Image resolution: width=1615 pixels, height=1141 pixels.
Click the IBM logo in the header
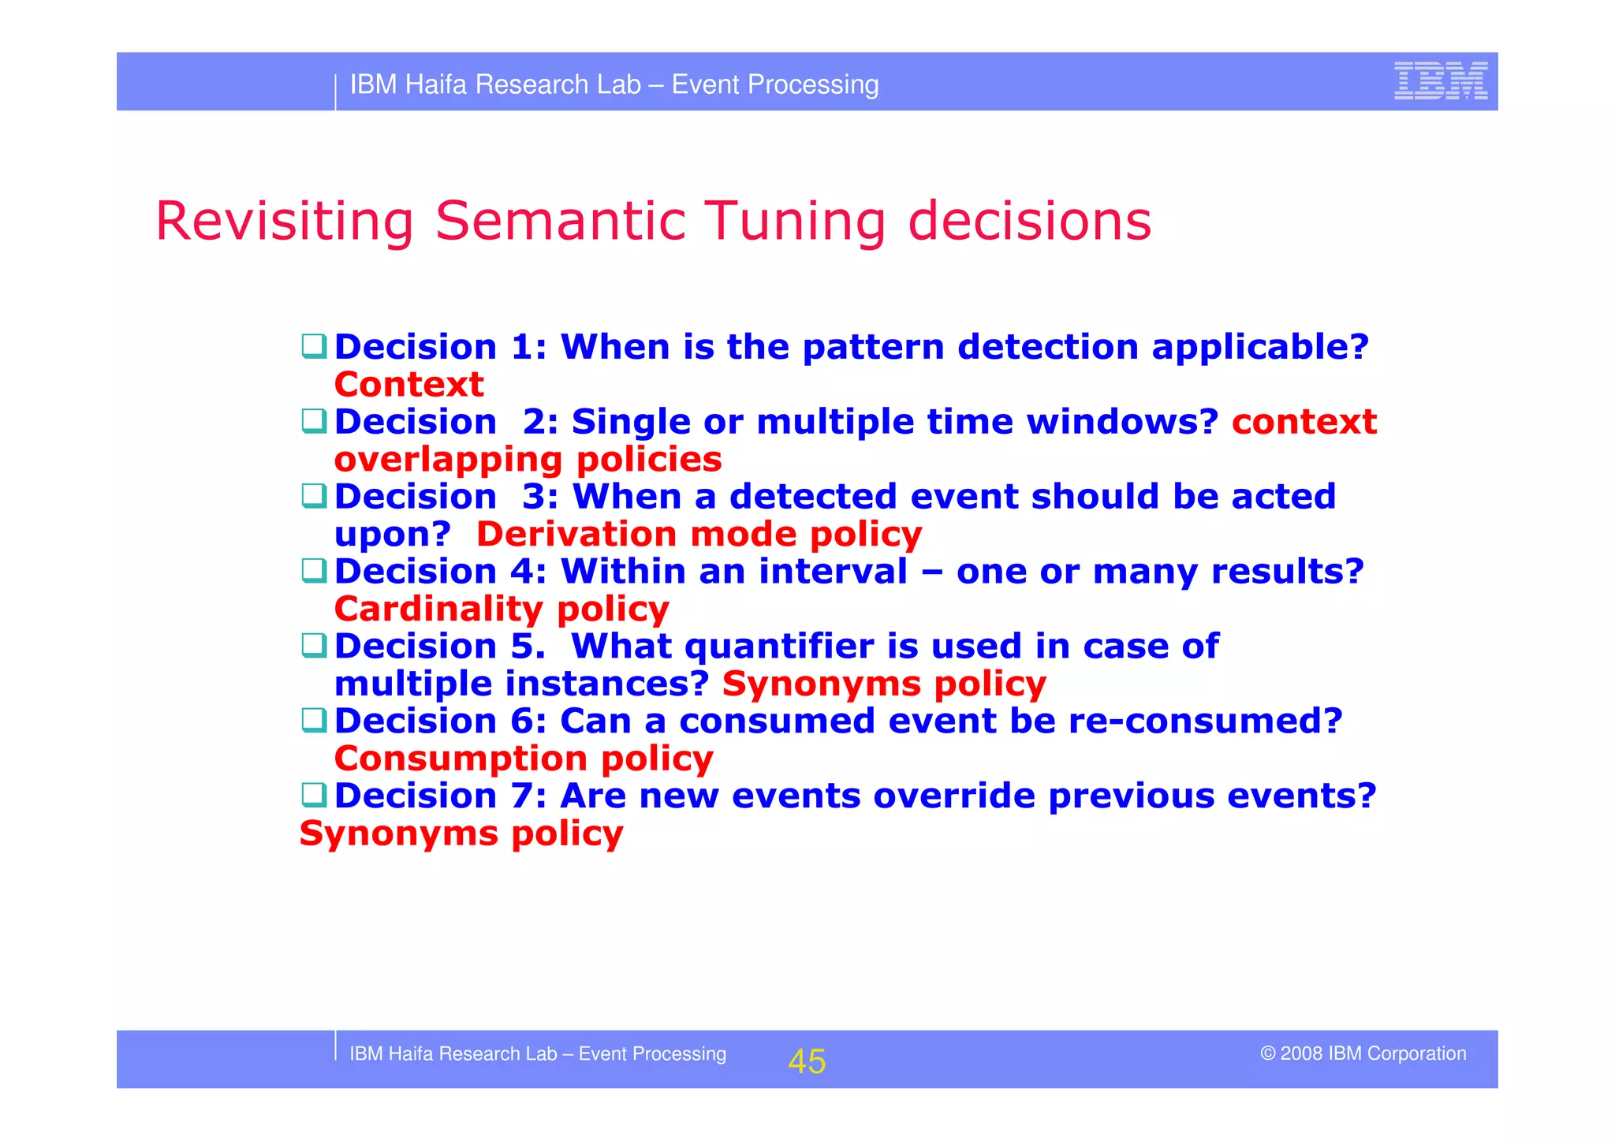(1440, 81)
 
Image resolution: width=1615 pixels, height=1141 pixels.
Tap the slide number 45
(807, 1061)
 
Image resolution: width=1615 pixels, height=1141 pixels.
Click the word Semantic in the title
(560, 221)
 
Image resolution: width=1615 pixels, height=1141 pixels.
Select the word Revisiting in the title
(285, 222)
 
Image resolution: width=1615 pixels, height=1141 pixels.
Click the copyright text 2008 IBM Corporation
(1363, 1053)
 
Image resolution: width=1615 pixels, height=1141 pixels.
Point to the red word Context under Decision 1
(408, 385)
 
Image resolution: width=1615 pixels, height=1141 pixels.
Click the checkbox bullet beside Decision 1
(314, 346)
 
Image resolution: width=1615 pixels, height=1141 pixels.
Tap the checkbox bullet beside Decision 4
(314, 570)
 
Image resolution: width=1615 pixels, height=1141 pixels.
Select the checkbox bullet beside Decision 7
(314, 795)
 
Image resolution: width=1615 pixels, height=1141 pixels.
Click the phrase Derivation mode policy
(699, 535)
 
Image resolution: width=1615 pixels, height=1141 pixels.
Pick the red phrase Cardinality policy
(502, 609)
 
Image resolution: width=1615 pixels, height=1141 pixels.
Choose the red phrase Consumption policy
(524, 759)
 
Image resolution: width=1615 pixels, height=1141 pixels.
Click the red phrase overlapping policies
(528, 460)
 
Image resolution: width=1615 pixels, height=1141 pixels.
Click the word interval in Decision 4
(833, 571)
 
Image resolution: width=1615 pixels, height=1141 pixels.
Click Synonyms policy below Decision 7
(461, 833)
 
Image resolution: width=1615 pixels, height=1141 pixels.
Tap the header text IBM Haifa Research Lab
(495, 84)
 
